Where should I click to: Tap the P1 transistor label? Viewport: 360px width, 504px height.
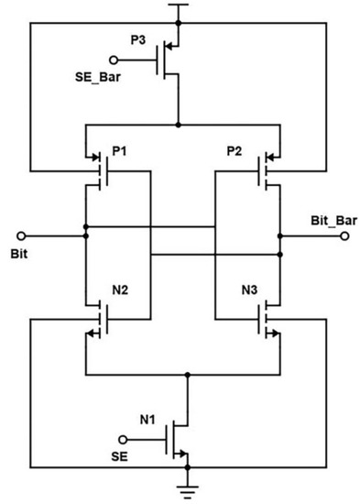118,150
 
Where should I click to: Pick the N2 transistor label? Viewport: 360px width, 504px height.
119,291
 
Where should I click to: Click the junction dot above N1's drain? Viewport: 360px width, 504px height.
188,375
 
